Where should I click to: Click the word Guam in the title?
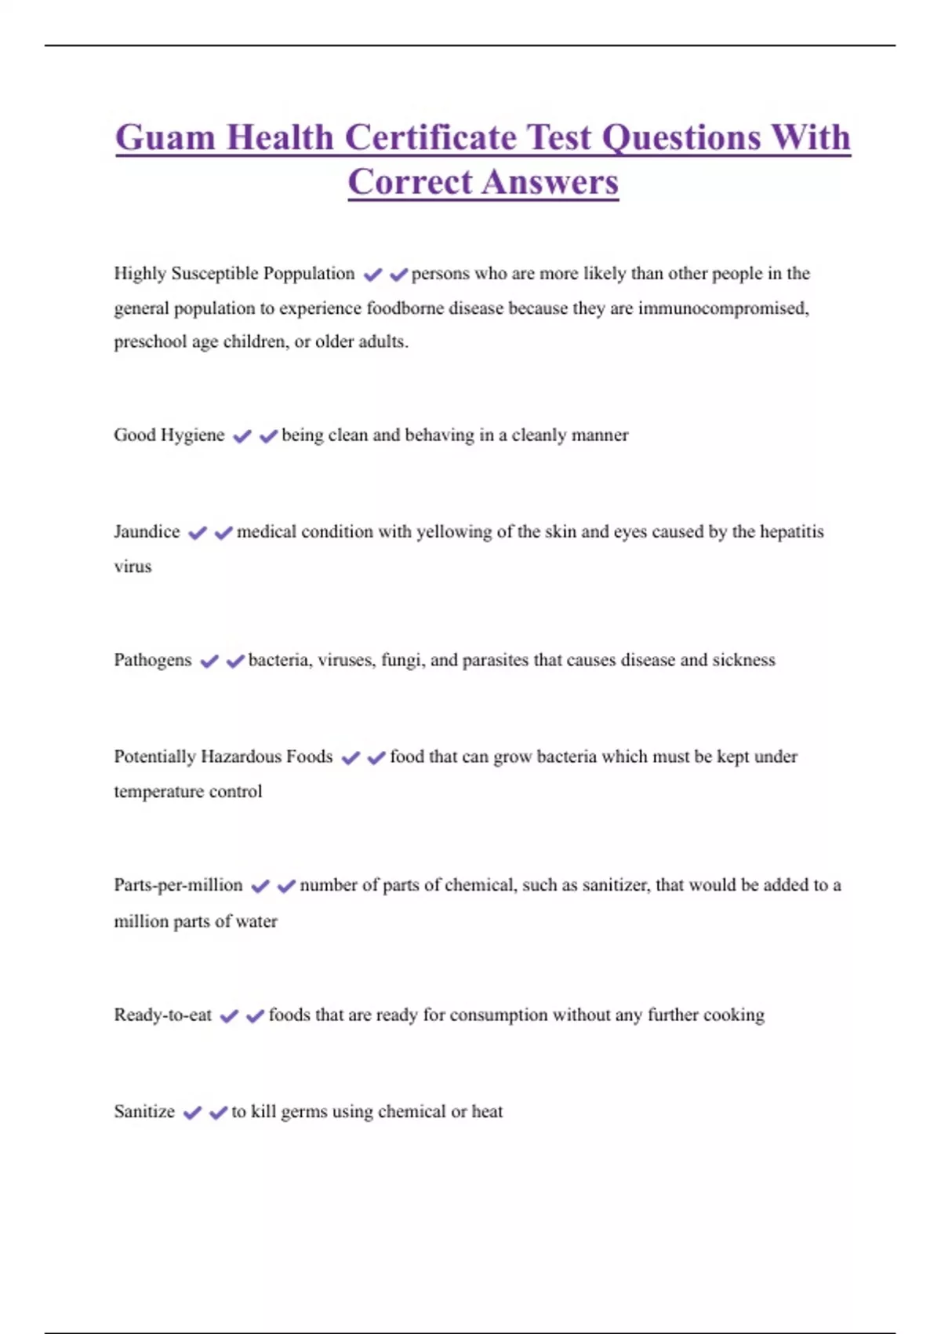pos(165,138)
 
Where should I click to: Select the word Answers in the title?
pos(550,182)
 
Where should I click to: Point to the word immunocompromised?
pos(722,308)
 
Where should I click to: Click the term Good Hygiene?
pos(169,436)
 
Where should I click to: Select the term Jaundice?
pos(147,532)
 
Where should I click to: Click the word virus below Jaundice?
pos(133,567)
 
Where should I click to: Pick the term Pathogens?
pos(152,660)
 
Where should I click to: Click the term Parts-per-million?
pos(178,885)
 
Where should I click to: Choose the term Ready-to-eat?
pos(162,1015)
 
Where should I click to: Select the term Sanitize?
pos(144,1112)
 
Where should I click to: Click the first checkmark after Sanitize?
pos(192,1113)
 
